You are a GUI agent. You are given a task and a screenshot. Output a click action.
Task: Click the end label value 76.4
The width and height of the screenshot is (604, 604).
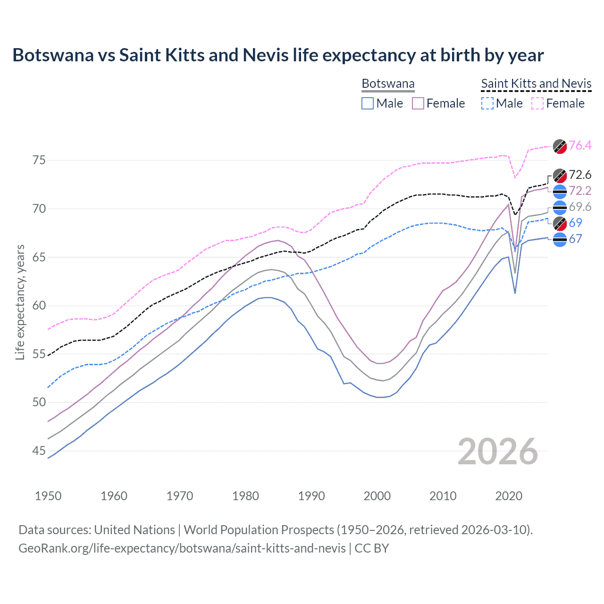click(580, 145)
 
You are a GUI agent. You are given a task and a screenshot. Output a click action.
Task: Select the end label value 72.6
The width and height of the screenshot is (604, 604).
click(580, 175)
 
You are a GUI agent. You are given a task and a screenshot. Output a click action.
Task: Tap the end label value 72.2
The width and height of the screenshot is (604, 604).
click(580, 191)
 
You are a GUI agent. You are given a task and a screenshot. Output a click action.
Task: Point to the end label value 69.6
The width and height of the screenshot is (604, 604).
click(580, 207)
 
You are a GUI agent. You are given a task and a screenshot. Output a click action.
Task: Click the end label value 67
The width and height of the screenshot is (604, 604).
click(575, 239)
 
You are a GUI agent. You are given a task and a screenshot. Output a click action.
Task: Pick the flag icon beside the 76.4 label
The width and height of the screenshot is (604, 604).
click(560, 146)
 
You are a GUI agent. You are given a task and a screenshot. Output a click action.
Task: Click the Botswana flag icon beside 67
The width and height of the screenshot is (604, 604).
click(560, 240)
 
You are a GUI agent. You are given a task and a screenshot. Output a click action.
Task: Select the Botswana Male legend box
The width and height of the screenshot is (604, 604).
click(368, 103)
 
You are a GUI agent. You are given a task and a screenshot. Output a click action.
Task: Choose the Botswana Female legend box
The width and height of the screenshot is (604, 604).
click(418, 103)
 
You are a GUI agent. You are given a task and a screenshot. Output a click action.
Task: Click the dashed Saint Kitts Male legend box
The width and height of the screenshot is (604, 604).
click(487, 103)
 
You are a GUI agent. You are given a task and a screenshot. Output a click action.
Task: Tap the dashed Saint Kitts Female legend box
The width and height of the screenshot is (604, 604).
click(537, 103)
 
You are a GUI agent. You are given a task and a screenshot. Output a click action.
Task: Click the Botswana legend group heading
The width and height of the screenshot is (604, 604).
click(388, 84)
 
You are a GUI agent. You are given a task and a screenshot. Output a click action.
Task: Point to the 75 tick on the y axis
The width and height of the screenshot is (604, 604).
click(39, 160)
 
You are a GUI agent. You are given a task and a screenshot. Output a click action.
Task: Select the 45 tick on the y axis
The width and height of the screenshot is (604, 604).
click(39, 451)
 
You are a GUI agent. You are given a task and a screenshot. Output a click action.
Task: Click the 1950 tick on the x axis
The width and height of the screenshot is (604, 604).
click(48, 496)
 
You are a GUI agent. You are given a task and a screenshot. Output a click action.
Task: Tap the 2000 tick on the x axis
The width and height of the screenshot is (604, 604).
click(377, 496)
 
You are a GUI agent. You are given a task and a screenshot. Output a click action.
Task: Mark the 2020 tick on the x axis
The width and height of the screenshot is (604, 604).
click(509, 496)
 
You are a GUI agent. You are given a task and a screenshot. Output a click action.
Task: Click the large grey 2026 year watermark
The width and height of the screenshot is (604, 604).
click(497, 452)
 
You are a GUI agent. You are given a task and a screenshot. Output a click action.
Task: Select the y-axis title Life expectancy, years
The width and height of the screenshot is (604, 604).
click(20, 302)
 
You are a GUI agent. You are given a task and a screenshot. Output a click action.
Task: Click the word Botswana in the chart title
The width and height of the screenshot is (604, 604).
click(53, 55)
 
